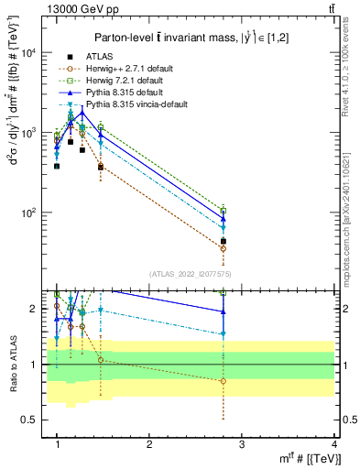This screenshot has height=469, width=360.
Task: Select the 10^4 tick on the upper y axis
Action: click(30, 53)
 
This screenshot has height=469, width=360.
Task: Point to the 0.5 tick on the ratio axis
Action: click(29, 420)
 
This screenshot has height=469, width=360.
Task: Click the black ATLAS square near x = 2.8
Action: click(224, 241)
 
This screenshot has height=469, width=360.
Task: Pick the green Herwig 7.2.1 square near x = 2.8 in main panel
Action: click(224, 211)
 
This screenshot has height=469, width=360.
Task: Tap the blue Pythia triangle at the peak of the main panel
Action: click(82, 112)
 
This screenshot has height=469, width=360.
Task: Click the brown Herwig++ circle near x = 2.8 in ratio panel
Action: click(224, 381)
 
